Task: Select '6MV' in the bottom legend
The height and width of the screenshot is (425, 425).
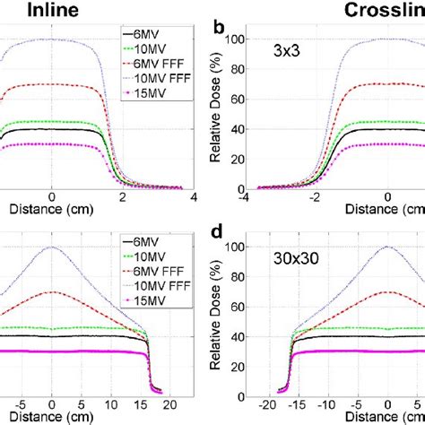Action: [151, 239]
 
